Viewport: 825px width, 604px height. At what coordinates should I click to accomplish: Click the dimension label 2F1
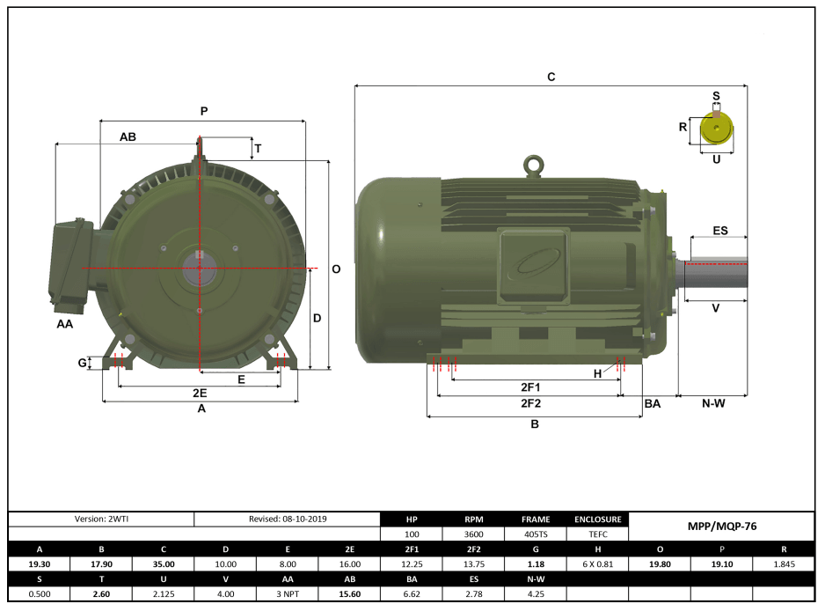(x=530, y=387)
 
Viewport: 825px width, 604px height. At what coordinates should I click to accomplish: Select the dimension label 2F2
(x=530, y=403)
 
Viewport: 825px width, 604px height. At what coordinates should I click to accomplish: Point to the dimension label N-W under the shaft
(x=713, y=403)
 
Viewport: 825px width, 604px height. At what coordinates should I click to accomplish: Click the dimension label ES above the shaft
(x=719, y=231)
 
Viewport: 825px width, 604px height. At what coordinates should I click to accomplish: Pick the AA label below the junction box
(x=65, y=324)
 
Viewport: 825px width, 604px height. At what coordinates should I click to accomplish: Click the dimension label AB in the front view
(x=128, y=136)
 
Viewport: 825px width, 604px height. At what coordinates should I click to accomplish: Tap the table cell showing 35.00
(x=164, y=563)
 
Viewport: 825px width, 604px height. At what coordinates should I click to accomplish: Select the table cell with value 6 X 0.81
(x=598, y=563)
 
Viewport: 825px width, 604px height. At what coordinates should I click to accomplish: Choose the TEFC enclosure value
(x=598, y=534)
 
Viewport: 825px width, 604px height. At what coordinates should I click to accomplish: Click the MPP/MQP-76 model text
(x=721, y=526)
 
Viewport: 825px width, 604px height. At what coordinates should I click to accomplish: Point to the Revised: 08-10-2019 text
(x=288, y=519)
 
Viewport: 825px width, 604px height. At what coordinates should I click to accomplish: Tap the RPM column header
(x=473, y=519)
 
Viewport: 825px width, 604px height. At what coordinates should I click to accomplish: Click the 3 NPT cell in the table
(x=288, y=593)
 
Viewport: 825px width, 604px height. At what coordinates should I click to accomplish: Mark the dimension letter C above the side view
(x=551, y=77)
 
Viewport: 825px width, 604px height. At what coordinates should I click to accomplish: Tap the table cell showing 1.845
(x=784, y=563)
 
